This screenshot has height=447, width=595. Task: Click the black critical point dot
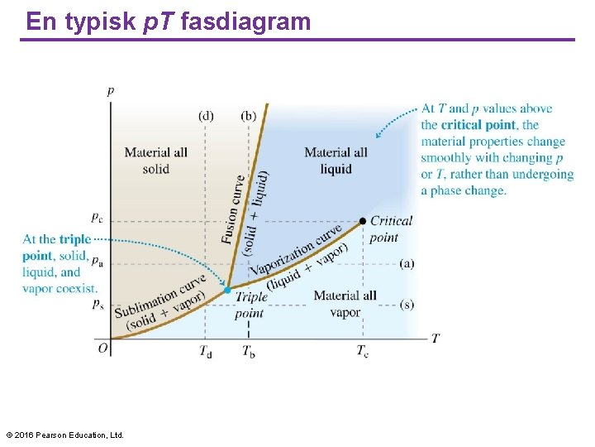(362, 221)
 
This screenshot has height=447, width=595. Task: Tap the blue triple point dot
(227, 290)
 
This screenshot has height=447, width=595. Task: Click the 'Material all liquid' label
(336, 161)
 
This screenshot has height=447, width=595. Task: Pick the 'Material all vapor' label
(345, 304)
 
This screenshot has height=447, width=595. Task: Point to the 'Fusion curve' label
(234, 209)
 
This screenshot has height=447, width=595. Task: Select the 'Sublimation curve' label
(159, 300)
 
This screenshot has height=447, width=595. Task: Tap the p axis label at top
(111, 91)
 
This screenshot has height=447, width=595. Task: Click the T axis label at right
(436, 338)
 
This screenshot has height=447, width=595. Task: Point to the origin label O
(103, 348)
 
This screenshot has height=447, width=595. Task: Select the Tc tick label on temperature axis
(362, 351)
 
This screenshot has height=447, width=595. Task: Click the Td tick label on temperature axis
(205, 351)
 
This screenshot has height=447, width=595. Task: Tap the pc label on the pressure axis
(97, 218)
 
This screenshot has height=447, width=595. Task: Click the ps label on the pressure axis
(98, 305)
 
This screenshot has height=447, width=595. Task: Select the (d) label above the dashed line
(206, 115)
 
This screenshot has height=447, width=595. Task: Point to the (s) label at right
(407, 305)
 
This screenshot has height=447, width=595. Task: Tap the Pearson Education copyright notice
(64, 435)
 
